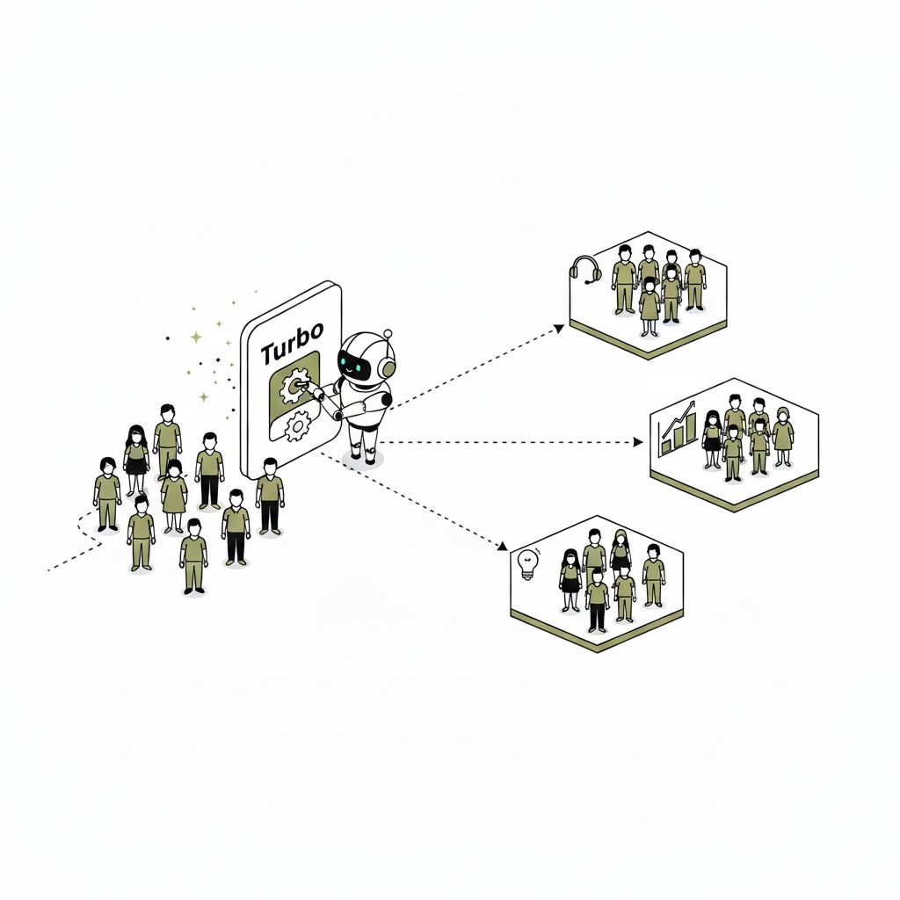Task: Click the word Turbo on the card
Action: point(292,344)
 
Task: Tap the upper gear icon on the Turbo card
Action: point(294,387)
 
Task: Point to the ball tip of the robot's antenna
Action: point(388,333)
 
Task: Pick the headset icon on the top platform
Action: point(585,270)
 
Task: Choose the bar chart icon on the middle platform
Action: point(677,428)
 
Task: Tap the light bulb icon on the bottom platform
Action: point(528,563)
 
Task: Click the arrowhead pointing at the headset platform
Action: point(558,329)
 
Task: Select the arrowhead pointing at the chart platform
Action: point(637,442)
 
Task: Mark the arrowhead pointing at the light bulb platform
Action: point(503,545)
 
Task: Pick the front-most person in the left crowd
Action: point(194,556)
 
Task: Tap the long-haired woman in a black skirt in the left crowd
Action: point(136,460)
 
